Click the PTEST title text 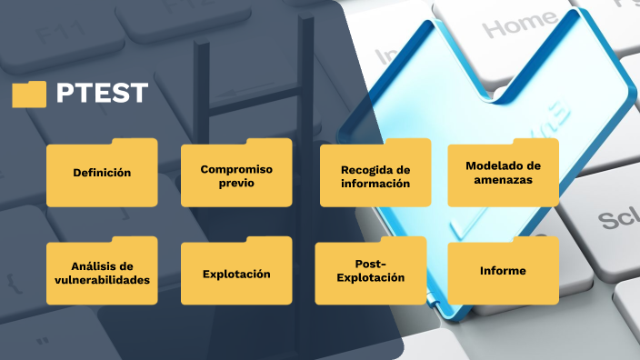tap(102, 94)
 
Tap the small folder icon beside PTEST tap(29, 94)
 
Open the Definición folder tap(102, 173)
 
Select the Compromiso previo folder tap(236, 175)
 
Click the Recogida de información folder tap(375, 176)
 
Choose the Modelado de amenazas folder tap(503, 173)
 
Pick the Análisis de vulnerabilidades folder tap(102, 272)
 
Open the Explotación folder tap(236, 273)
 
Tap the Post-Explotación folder tap(370, 271)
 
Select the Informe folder tap(503, 271)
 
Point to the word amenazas tap(503, 180)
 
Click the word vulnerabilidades tap(102, 279)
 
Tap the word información tap(375, 184)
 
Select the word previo tap(236, 183)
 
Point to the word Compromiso tap(236, 169)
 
